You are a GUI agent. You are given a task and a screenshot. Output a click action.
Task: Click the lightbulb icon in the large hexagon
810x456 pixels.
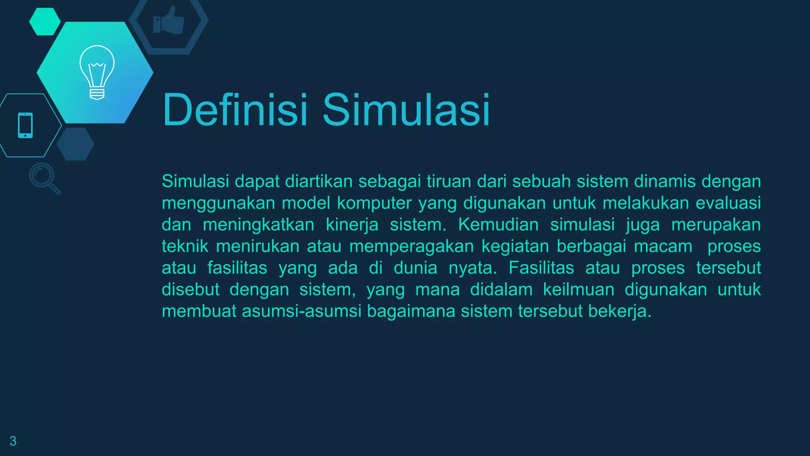[x=97, y=72]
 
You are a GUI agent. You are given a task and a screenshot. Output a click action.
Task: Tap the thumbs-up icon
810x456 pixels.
[x=168, y=21]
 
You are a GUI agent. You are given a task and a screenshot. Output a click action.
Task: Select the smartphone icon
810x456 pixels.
[x=25, y=125]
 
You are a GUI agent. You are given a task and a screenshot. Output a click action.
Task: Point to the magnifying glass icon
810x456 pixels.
[x=44, y=178]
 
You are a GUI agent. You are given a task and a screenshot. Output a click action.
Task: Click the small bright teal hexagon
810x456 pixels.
[x=45, y=22]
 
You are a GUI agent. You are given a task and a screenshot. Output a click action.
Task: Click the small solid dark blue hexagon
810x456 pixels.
[x=75, y=144]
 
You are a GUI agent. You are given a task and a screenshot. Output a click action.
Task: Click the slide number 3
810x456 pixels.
[x=13, y=441]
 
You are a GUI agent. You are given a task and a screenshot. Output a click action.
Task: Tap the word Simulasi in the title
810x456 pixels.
[x=406, y=110]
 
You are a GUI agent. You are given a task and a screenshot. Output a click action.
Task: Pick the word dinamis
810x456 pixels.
[x=665, y=181]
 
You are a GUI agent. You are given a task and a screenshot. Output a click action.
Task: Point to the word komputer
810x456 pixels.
[x=374, y=203]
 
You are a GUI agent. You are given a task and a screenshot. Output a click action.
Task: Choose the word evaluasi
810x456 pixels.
[x=728, y=203]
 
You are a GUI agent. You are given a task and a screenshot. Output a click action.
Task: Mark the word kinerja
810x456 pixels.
[x=352, y=225]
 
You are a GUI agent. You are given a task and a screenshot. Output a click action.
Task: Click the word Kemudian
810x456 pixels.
[x=498, y=225]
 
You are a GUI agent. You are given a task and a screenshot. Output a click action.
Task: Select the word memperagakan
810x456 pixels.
[x=411, y=246]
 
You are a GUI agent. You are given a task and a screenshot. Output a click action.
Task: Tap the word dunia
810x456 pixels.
[x=415, y=268]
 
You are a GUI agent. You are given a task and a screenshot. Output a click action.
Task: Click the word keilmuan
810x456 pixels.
[x=579, y=289]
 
